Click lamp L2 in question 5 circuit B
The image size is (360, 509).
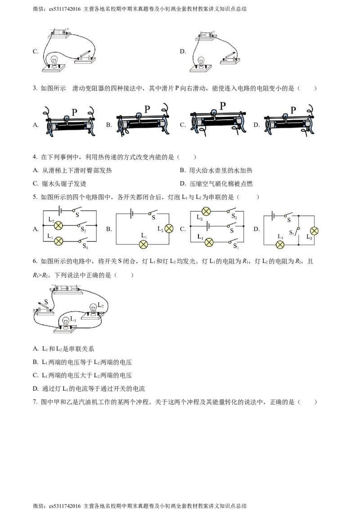point(169,229)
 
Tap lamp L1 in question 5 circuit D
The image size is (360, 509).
point(280,245)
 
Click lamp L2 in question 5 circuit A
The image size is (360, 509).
point(58,225)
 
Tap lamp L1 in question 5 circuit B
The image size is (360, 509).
point(143,245)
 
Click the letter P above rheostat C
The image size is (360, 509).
point(223,106)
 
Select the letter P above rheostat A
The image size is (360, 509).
point(74,112)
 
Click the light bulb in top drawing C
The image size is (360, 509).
point(54,61)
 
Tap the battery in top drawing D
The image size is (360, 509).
point(206,34)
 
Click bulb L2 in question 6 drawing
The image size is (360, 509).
point(94,308)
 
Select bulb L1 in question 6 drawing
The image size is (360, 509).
point(66,322)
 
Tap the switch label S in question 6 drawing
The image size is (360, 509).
point(46,302)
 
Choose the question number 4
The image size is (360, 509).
point(35,157)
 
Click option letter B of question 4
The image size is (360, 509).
point(183,170)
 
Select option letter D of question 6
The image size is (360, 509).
point(36,388)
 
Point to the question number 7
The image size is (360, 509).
point(35,402)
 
